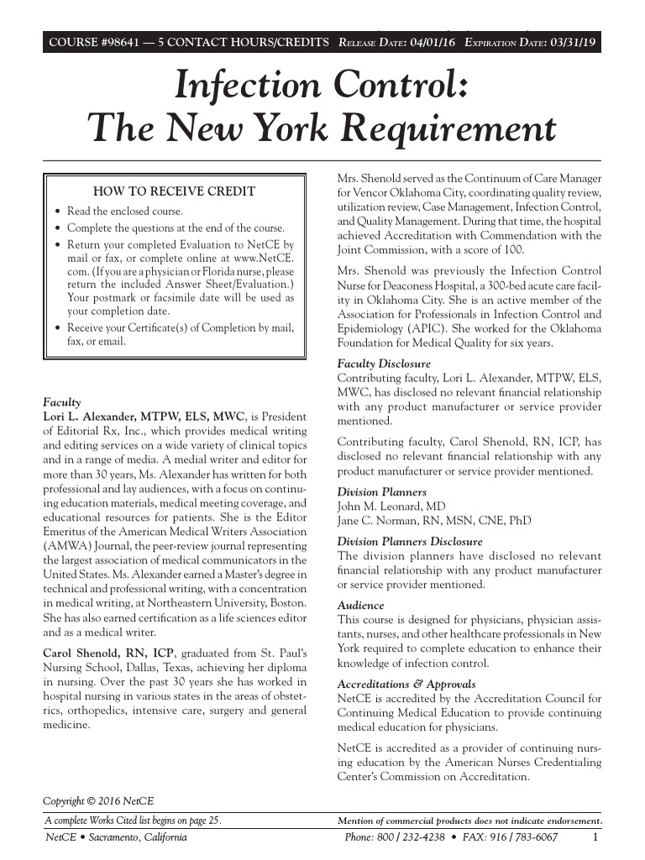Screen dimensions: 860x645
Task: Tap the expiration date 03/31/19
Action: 573,43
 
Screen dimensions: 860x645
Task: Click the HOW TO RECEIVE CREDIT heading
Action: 174,191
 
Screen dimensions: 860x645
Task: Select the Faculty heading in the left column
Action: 62,402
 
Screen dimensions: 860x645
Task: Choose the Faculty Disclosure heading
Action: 384,364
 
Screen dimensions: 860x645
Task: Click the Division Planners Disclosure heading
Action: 409,542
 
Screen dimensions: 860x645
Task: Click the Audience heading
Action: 360,605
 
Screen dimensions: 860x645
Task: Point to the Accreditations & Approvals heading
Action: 406,684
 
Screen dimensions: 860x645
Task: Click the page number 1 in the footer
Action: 595,837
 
